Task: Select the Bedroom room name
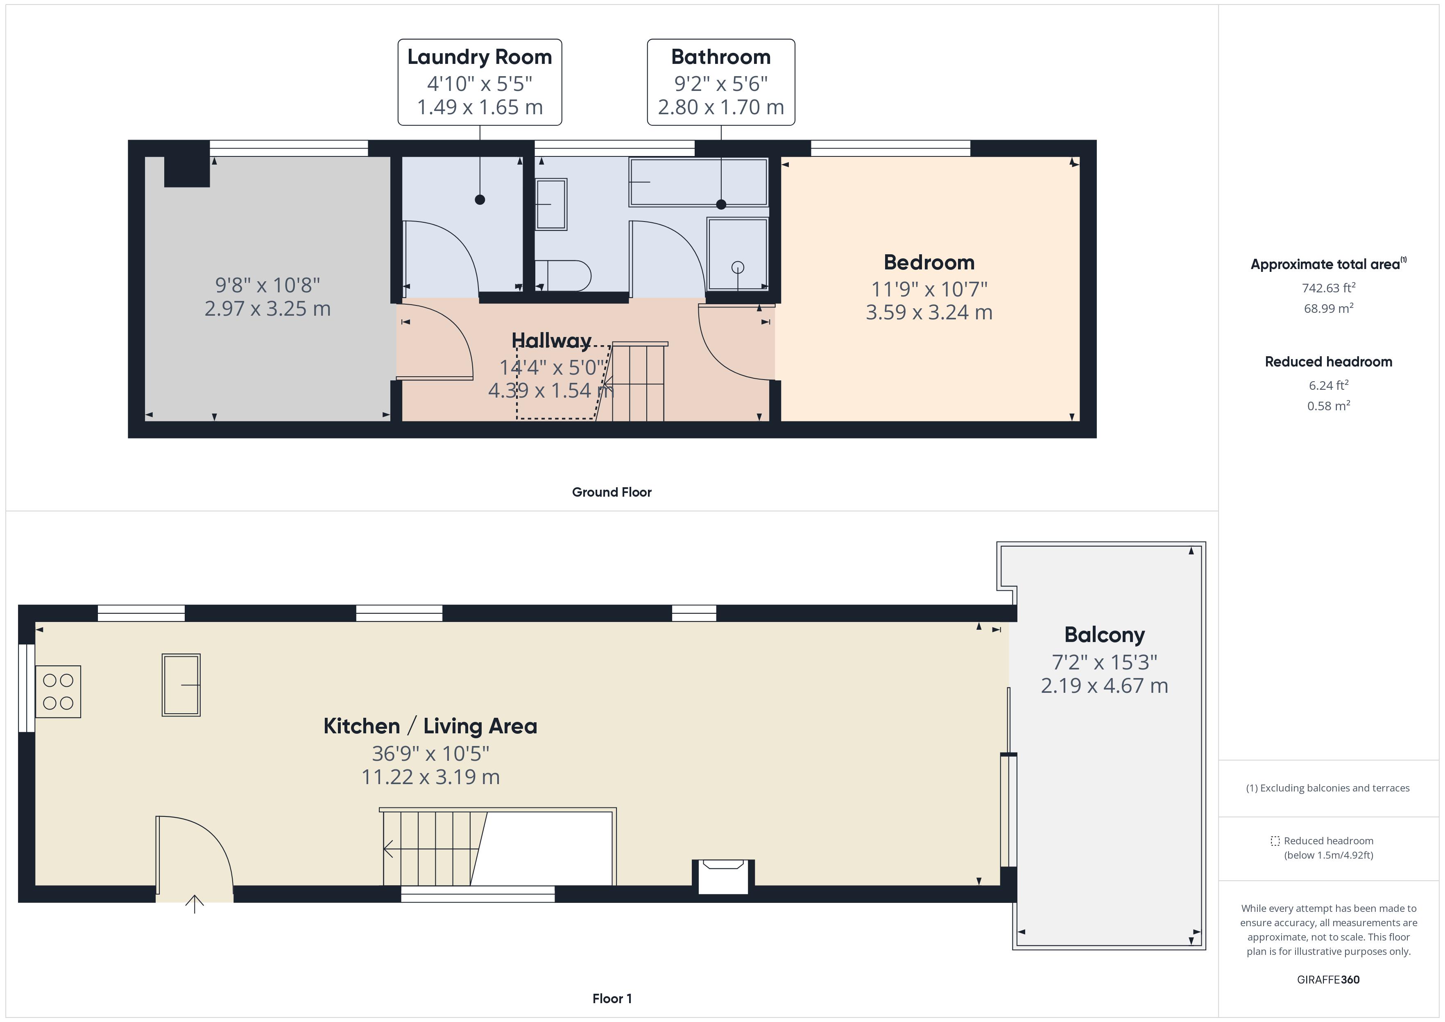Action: [x=929, y=262]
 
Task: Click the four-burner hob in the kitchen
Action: [x=58, y=692]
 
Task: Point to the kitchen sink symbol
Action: [x=181, y=685]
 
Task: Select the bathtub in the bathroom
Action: [x=699, y=182]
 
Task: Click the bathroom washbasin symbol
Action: [x=551, y=204]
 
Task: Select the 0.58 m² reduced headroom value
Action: [x=1328, y=406]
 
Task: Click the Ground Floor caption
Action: [x=611, y=492]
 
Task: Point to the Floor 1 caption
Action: [x=611, y=999]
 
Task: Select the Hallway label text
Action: [x=551, y=340]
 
